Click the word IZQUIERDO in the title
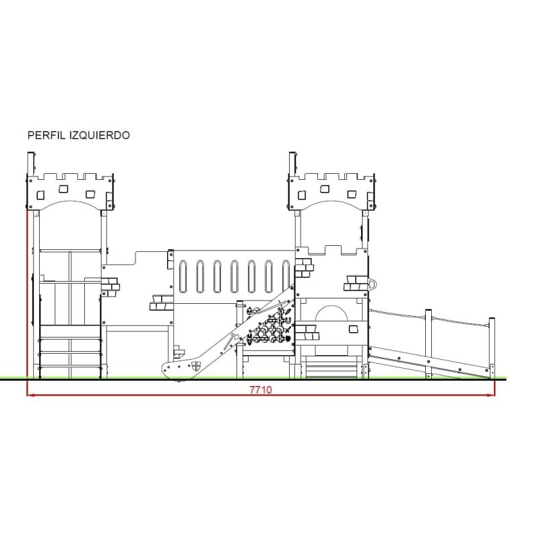pos(100,135)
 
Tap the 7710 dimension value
pos(261,389)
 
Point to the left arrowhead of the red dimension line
pos(31,395)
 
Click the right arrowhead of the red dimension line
pos(490,395)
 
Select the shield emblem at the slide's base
pos(196,366)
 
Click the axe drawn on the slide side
pos(230,341)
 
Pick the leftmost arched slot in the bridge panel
pos(183,276)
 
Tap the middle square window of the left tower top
pos(63,189)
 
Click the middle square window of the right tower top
pos(325,189)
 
